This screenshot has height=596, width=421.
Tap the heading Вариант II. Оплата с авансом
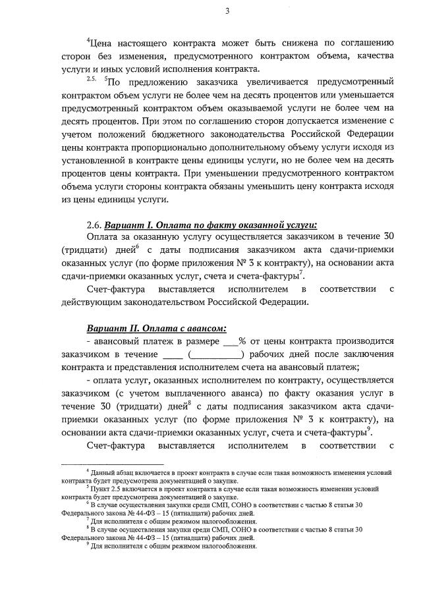point(157,327)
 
